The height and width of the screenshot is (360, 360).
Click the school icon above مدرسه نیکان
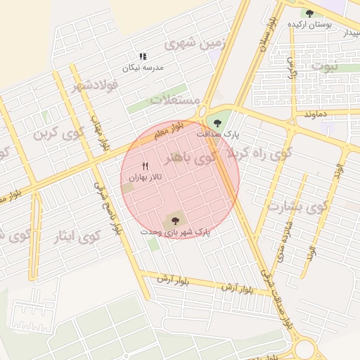coord(143,56)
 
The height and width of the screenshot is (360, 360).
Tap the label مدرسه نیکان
coord(143,67)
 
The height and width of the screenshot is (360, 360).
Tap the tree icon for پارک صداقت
coord(217,122)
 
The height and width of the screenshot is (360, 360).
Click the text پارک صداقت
coord(217,133)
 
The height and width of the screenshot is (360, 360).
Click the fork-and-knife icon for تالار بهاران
coord(145,167)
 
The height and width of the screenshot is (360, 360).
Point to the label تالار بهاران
coord(145,179)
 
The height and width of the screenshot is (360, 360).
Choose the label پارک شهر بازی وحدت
coord(175,231)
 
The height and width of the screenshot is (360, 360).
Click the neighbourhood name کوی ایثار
coord(77,236)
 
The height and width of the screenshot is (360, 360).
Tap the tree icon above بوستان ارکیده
coord(309,13)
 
